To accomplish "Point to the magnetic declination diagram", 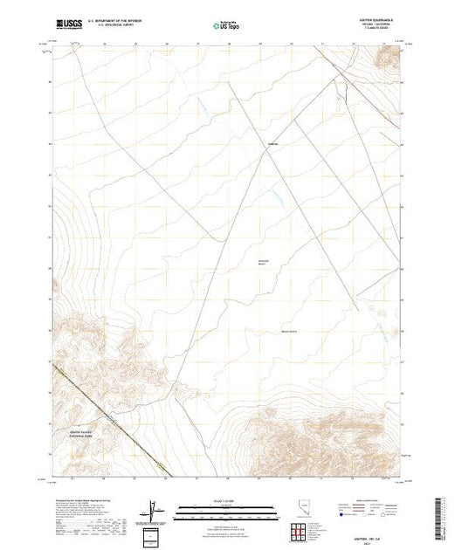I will pos(154,508).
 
